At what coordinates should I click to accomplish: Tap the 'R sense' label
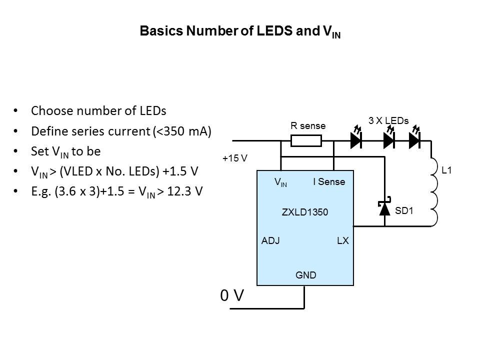pyautogui.click(x=308, y=126)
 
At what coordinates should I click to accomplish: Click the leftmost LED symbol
pyautogui.click(x=356, y=140)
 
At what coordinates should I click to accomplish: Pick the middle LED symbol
pyautogui.click(x=389, y=140)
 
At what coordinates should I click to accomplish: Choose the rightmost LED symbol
pyautogui.click(x=414, y=140)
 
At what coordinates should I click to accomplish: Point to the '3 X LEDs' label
pyautogui.click(x=388, y=121)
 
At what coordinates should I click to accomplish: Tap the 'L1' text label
pyautogui.click(x=447, y=171)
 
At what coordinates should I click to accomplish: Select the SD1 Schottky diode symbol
pyautogui.click(x=384, y=208)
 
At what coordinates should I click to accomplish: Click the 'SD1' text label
pyautogui.click(x=404, y=211)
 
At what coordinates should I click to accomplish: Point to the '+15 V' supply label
pyautogui.click(x=235, y=158)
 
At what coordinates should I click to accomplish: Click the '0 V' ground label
pyautogui.click(x=232, y=296)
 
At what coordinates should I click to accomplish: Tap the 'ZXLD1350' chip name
pyautogui.click(x=305, y=212)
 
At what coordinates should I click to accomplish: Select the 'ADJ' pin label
pyautogui.click(x=270, y=241)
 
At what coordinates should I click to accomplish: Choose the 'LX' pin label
pyautogui.click(x=342, y=241)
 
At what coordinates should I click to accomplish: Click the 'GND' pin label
pyautogui.click(x=306, y=275)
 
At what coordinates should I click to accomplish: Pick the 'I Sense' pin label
pyautogui.click(x=329, y=182)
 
